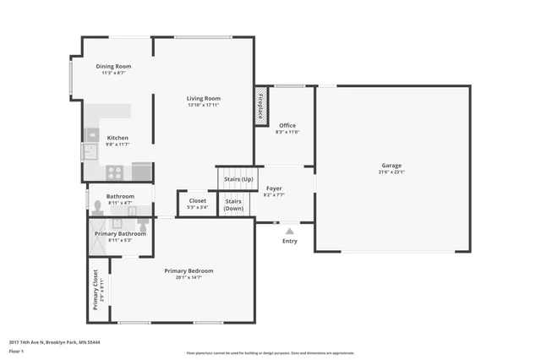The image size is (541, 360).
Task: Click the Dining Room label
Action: pos(112,66)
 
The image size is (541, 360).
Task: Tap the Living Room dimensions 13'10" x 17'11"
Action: pos(204,106)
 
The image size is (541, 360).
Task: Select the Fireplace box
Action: pos(261,106)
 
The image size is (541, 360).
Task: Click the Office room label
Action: pos(287,125)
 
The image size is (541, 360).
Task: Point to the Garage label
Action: pos(391,165)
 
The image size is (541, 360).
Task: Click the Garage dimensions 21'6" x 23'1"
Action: pos(391,172)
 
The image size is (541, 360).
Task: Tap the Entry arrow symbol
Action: pos(290,230)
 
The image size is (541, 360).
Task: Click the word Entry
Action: pos(290,241)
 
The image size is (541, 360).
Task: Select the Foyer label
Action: pos(274,188)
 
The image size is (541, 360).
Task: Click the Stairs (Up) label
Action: pos(238,179)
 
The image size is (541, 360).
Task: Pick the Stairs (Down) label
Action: pos(233,205)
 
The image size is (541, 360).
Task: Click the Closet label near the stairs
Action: pos(197,200)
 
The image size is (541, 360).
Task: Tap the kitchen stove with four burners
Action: pos(115,172)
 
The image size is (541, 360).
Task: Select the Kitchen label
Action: pos(117,138)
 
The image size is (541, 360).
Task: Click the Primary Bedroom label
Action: pos(189,270)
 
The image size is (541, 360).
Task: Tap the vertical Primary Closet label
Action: pos(96,290)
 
